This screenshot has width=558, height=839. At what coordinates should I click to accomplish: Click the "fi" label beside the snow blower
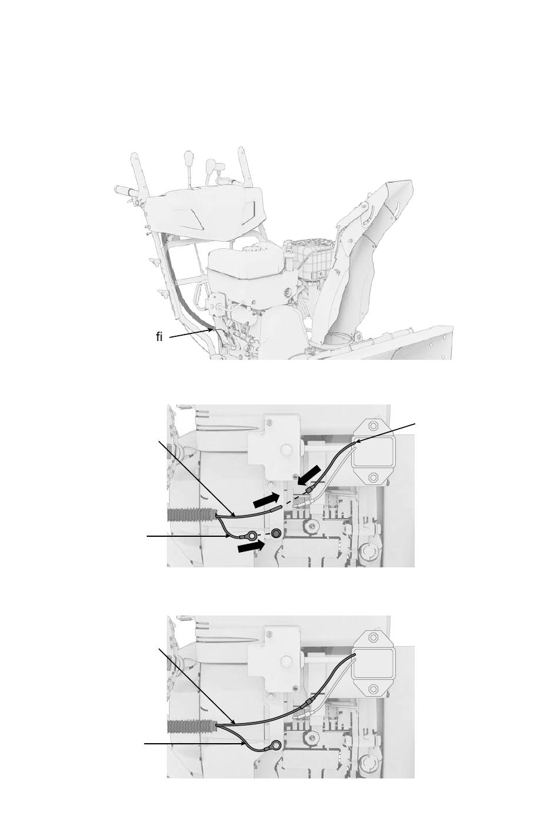[x=159, y=337]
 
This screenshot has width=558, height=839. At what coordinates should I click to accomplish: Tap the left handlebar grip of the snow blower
[x=122, y=189]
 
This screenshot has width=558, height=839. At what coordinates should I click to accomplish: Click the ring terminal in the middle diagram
[x=252, y=536]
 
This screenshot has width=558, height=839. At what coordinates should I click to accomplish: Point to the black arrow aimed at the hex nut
[x=250, y=547]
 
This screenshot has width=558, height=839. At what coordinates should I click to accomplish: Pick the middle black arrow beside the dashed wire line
[x=266, y=500]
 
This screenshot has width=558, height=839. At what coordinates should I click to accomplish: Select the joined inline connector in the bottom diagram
[x=305, y=702]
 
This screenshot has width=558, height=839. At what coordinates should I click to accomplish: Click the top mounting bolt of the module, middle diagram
[x=372, y=426]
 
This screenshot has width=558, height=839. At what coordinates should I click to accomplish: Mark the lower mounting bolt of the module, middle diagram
[x=372, y=477]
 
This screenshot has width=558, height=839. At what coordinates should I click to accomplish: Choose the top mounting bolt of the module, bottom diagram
[x=372, y=637]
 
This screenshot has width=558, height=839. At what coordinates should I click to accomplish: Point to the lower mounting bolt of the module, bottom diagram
[x=372, y=689]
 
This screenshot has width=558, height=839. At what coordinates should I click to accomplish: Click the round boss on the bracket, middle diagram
[x=287, y=449]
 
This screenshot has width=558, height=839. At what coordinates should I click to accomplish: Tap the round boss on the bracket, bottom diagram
[x=287, y=660]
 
